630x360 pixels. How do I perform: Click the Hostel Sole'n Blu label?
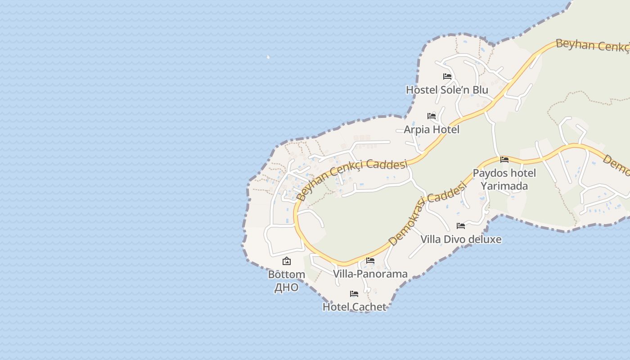447,90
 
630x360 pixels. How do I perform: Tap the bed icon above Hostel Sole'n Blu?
447,76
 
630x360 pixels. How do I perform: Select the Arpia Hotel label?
432,130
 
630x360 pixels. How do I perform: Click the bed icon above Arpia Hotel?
432,116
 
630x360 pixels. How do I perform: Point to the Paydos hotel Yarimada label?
504,180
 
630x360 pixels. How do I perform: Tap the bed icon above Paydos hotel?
504,160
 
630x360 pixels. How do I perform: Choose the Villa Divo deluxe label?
461,239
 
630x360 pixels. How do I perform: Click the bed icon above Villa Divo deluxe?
461,226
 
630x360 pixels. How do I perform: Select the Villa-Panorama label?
370,274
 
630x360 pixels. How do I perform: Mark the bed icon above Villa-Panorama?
370,261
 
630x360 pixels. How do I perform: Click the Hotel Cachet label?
354,307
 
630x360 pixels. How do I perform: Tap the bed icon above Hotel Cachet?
354,294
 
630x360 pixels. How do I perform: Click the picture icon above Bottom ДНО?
287,261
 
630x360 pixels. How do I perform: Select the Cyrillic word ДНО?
287,288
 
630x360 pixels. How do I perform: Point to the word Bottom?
287,274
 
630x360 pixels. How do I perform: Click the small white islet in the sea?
268,57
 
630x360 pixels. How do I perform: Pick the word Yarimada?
504,186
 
